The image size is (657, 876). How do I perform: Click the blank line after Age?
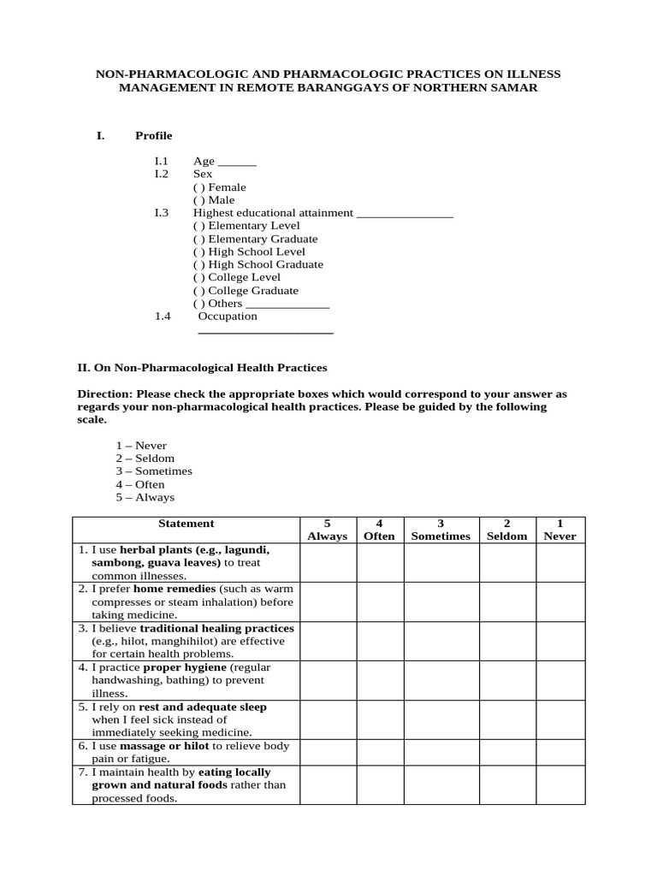coord(237,163)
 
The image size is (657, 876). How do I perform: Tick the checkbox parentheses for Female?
coord(198,187)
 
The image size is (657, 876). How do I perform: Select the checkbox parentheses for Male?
coord(198,200)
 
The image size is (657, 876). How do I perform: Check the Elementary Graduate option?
coord(198,239)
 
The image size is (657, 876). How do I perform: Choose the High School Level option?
coord(198,252)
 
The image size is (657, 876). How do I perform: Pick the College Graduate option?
coord(198,291)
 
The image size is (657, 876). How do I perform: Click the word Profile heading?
coord(154,135)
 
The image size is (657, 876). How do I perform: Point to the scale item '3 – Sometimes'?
coord(154,471)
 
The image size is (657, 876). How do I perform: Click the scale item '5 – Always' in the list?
coord(145,497)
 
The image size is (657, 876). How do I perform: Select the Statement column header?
coord(186,524)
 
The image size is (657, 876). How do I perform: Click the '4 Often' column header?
coord(380,530)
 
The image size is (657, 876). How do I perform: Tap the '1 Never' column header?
coord(560,530)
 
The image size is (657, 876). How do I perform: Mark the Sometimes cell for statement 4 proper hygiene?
coord(441,680)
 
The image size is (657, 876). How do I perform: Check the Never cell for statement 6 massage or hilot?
coord(560,752)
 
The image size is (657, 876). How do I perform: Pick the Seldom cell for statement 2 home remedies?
coord(506,601)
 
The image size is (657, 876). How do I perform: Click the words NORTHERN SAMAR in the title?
coord(488,88)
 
